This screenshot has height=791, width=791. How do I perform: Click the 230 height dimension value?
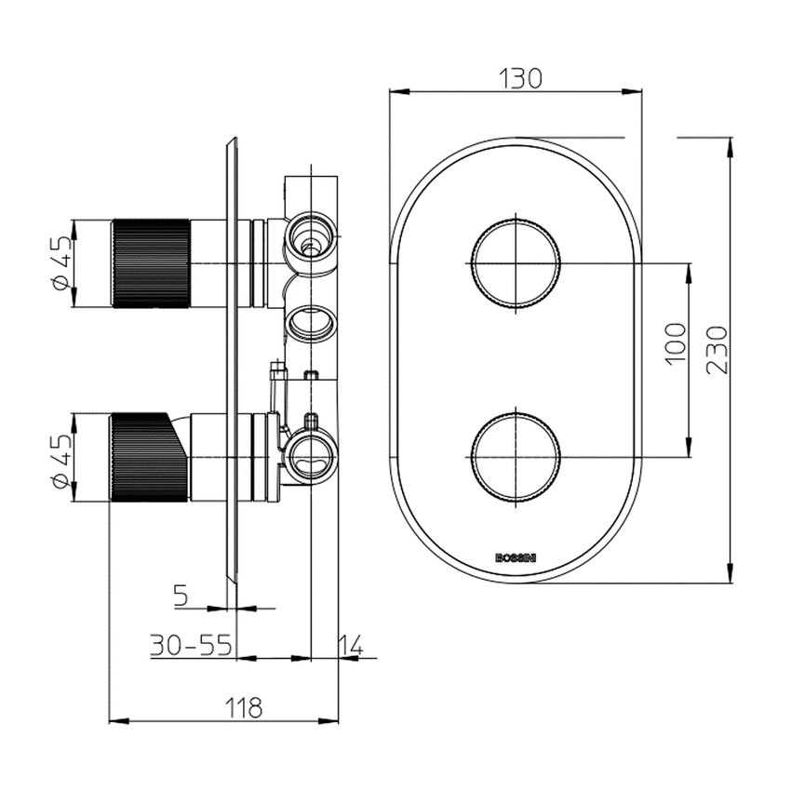pos(715,349)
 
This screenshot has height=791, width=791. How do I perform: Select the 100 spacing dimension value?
pos(676,343)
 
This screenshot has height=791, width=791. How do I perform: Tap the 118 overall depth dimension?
pos(243,707)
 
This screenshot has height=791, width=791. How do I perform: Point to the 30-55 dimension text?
pos(193,645)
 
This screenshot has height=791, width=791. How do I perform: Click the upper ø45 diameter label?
pos(61,266)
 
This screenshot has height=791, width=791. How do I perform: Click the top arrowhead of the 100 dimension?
pos(690,270)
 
